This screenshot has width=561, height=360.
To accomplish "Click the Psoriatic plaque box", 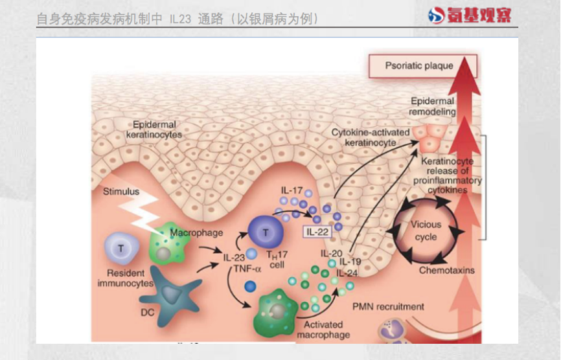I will coord(422,65).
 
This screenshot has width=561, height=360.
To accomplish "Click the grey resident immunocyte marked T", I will coord(120,248).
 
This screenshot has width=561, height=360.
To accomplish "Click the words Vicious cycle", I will coord(426,231).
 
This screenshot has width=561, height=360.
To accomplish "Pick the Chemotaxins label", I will coord(447,270).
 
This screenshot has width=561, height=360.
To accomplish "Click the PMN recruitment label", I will coord(389,306).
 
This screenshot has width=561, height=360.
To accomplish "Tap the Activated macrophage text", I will coord(323,330).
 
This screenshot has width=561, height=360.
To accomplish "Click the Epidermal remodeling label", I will coord(433,106).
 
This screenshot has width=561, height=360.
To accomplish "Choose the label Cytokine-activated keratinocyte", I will coord(371,137).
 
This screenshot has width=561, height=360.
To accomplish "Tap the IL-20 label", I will coord(331,253).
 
